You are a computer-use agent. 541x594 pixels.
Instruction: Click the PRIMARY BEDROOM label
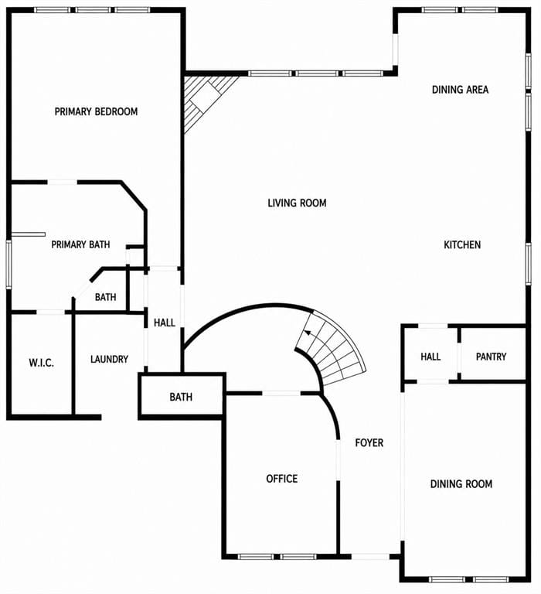(96, 111)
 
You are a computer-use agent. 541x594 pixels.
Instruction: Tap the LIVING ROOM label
(298, 203)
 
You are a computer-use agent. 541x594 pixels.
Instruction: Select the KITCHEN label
(462, 244)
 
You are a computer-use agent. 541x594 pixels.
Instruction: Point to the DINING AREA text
(461, 90)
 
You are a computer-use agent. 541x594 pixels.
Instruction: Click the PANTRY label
(491, 357)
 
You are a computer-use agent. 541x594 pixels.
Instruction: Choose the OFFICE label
(282, 479)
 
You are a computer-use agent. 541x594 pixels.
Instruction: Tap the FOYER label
(369, 442)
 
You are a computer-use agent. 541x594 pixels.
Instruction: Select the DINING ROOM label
(461, 483)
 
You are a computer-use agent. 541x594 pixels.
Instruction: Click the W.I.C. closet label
(41, 363)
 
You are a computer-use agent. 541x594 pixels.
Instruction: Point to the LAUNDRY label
(110, 359)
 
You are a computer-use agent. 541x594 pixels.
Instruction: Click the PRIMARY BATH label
(80, 244)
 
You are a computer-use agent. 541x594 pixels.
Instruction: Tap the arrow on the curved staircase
(309, 334)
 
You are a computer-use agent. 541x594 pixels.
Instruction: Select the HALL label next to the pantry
(430, 357)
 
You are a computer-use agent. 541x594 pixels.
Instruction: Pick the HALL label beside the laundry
(165, 323)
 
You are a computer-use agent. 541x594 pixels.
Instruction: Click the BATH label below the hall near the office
(181, 397)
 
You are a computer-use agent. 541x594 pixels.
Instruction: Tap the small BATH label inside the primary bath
(106, 297)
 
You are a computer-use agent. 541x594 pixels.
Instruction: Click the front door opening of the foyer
(370, 557)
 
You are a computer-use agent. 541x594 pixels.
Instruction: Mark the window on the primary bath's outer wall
(9, 265)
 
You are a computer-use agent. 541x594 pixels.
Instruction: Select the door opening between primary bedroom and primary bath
(63, 183)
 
